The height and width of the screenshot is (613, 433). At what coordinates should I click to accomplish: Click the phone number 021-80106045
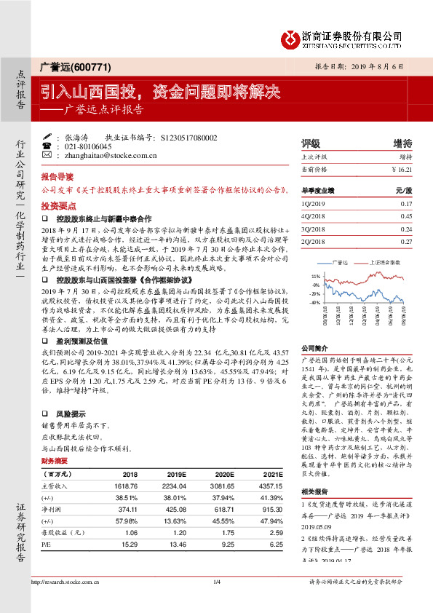(x=87, y=146)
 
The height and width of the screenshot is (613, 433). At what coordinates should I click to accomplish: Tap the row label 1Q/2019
(x=311, y=203)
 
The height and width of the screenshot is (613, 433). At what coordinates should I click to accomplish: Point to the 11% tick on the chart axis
(x=315, y=277)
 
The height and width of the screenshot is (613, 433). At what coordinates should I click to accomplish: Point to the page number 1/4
(x=216, y=602)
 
